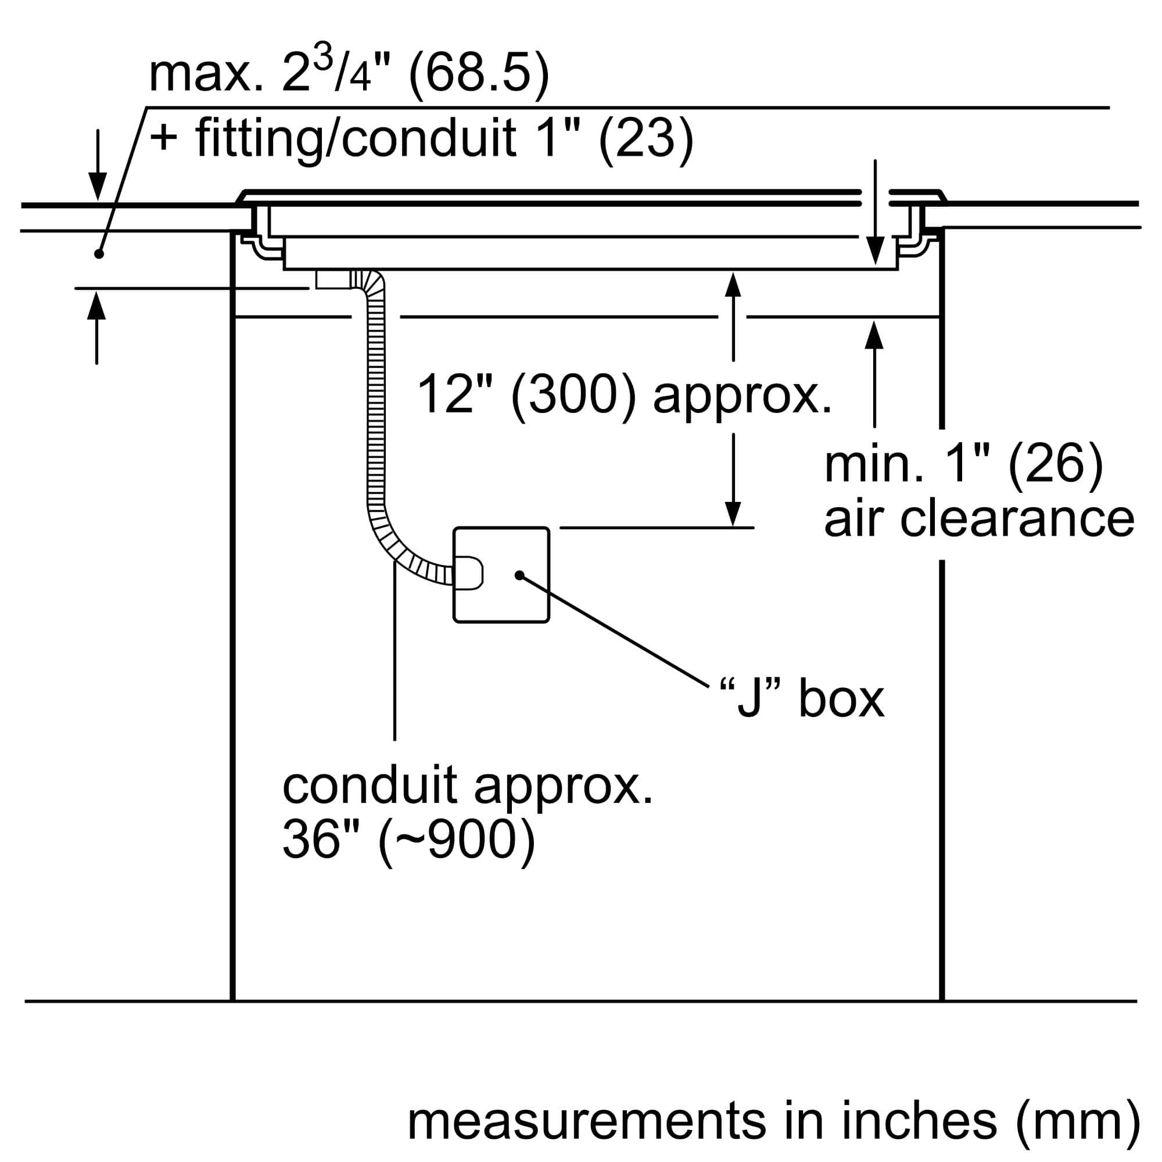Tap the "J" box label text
tap(802, 699)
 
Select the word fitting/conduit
tap(355, 138)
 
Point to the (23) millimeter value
tap(645, 138)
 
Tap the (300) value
tap(573, 394)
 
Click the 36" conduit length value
tap(320, 840)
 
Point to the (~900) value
tap(457, 840)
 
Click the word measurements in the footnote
tap(586, 1121)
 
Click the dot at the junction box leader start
tap(519, 576)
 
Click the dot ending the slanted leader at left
tap(99, 254)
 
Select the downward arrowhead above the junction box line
tap(733, 514)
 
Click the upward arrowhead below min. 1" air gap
tap(874, 335)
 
